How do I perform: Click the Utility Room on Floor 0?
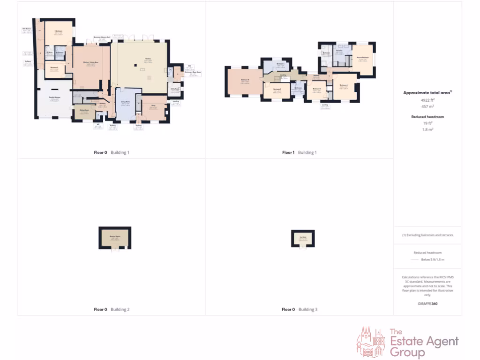[x=174, y=89]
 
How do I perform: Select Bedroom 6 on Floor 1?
[x=244, y=82]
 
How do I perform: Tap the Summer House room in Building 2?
[x=114, y=238]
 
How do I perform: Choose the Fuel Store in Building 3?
[x=303, y=238]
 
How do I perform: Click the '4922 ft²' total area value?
[x=427, y=100]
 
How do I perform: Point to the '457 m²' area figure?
[x=427, y=106]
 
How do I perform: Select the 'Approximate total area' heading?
[x=427, y=93]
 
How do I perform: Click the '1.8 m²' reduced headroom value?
[x=427, y=129]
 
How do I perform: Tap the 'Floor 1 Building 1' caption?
[x=299, y=152]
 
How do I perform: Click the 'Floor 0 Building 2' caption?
[x=112, y=309]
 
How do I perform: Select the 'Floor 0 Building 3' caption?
[x=299, y=309]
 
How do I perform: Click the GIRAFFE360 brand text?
[x=427, y=304]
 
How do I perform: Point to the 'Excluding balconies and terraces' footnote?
[x=427, y=235]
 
